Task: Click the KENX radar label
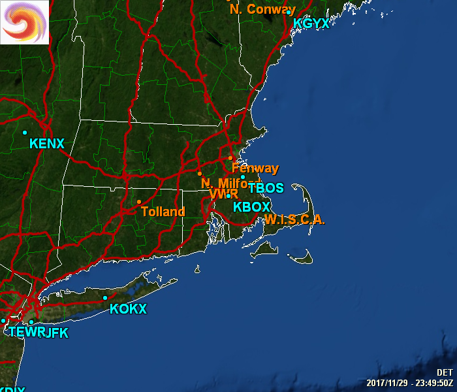pos(47,143)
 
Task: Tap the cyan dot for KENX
pos(25,133)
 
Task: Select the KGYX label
pos(311,24)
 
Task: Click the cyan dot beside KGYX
pos(288,12)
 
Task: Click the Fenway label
pos(255,169)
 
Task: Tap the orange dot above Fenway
pos(230,157)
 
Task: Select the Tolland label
pos(163,212)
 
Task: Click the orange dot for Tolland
pos(139,201)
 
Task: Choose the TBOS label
pos(266,188)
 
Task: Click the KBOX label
pos(251,206)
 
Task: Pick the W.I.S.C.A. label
pos(294,220)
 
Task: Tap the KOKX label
pos(128,309)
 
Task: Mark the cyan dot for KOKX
pos(105,298)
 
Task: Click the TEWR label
pos(24,333)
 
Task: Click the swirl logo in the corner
pos(24,22)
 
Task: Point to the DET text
pos(445,372)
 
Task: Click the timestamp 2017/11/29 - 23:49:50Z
pos(409,383)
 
